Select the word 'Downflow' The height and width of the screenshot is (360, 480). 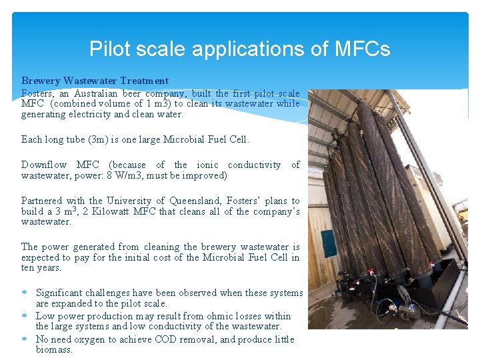tap(43, 165)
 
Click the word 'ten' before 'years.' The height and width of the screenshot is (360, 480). tap(29, 267)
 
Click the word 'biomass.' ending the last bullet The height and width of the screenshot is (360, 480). tap(54, 349)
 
